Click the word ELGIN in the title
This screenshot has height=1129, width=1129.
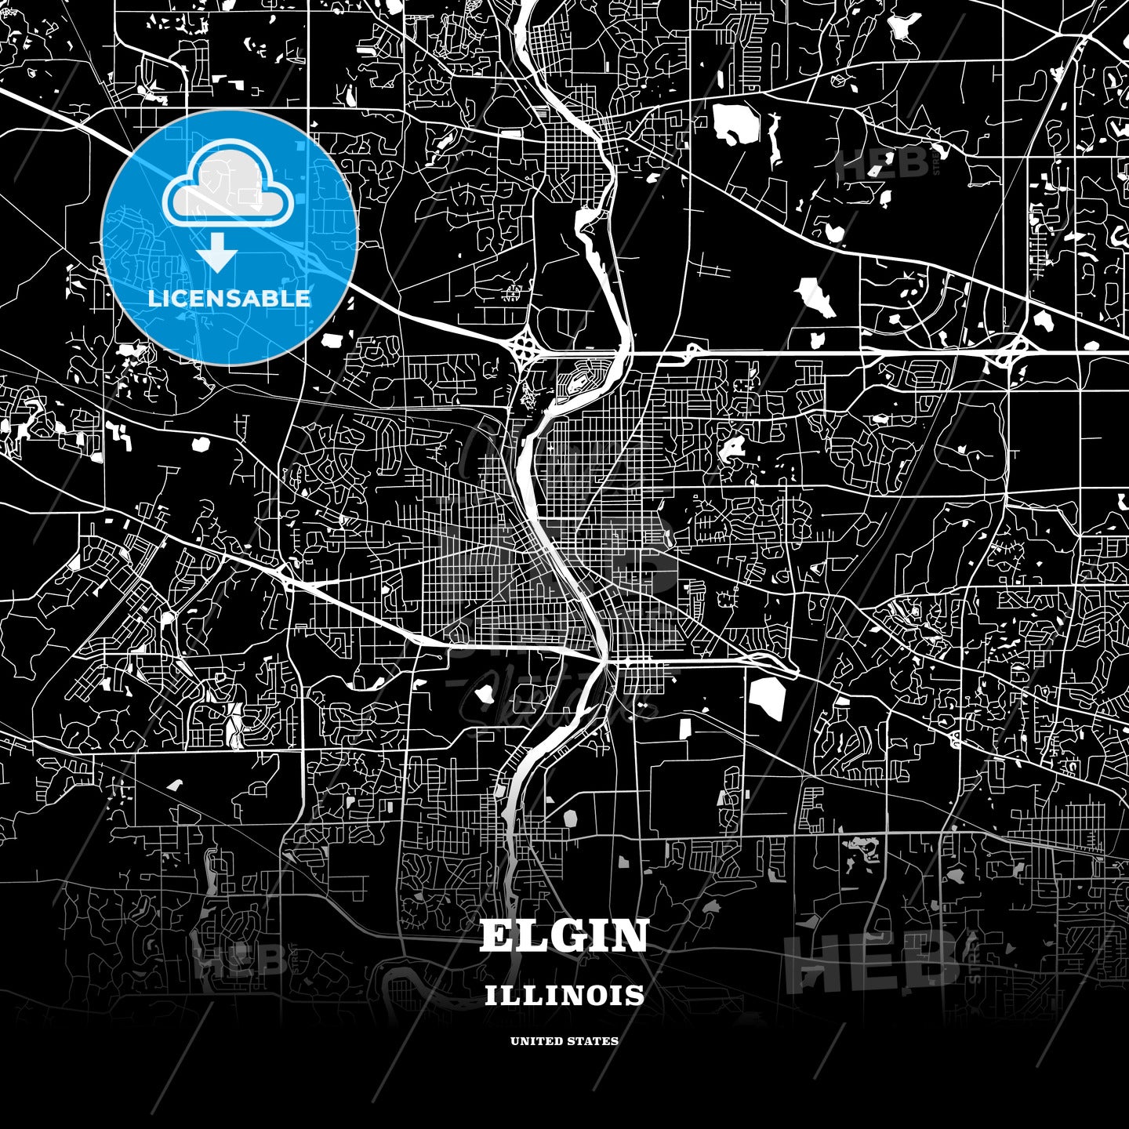coord(564,935)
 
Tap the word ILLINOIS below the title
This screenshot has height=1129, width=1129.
coord(564,996)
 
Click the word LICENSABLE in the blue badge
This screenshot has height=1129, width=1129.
coord(229,298)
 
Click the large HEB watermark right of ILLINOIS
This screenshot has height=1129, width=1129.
coord(870,958)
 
